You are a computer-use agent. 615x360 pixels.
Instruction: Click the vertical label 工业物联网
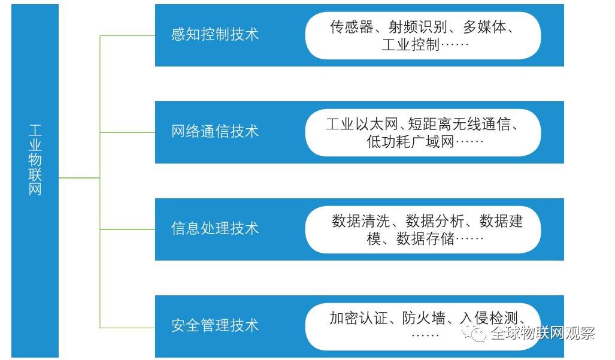click(35, 160)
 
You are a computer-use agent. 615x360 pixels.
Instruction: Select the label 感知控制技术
click(214, 34)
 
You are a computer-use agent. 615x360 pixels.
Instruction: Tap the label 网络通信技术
click(214, 131)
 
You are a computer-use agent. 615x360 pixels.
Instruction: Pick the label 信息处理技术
click(214, 228)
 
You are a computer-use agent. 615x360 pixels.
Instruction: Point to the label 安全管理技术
click(214, 325)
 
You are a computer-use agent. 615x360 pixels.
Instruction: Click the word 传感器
click(352, 27)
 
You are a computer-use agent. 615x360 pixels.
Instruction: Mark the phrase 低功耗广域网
click(411, 143)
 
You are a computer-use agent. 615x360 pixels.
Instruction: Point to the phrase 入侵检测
click(490, 318)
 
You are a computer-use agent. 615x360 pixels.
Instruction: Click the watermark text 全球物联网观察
click(542, 334)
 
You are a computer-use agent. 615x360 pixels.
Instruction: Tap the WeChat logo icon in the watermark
click(478, 333)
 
